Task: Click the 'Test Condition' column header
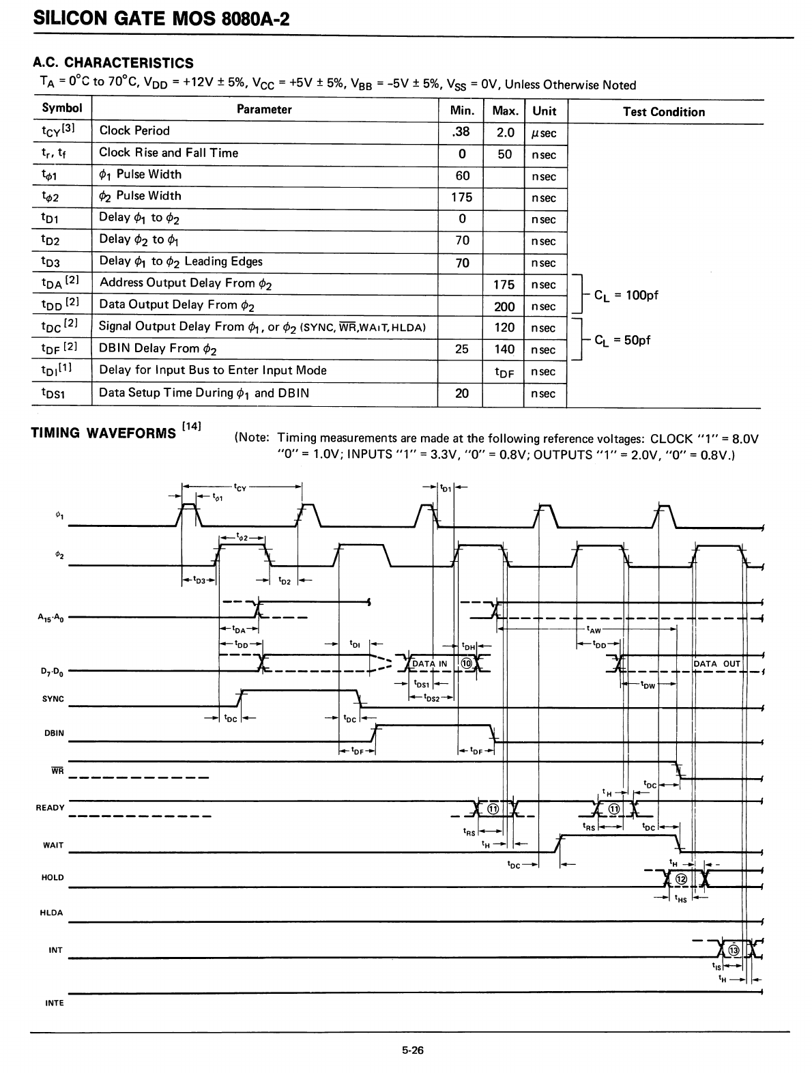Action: [x=663, y=112]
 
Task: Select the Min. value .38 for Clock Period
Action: [x=462, y=132]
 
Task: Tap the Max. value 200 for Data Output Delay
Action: [x=504, y=306]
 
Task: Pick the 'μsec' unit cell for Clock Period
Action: [x=545, y=133]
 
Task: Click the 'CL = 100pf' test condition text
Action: [x=626, y=296]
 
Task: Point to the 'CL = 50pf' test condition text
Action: [x=622, y=339]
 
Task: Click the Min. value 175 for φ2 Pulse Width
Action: [x=462, y=197]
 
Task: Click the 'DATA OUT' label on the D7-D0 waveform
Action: [x=716, y=663]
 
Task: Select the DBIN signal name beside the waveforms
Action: [x=54, y=733]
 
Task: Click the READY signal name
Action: [x=50, y=807]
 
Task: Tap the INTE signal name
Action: [x=54, y=1003]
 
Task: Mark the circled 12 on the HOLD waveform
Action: [x=680, y=878]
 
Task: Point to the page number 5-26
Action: [x=413, y=1050]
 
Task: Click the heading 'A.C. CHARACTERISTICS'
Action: [x=113, y=63]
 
